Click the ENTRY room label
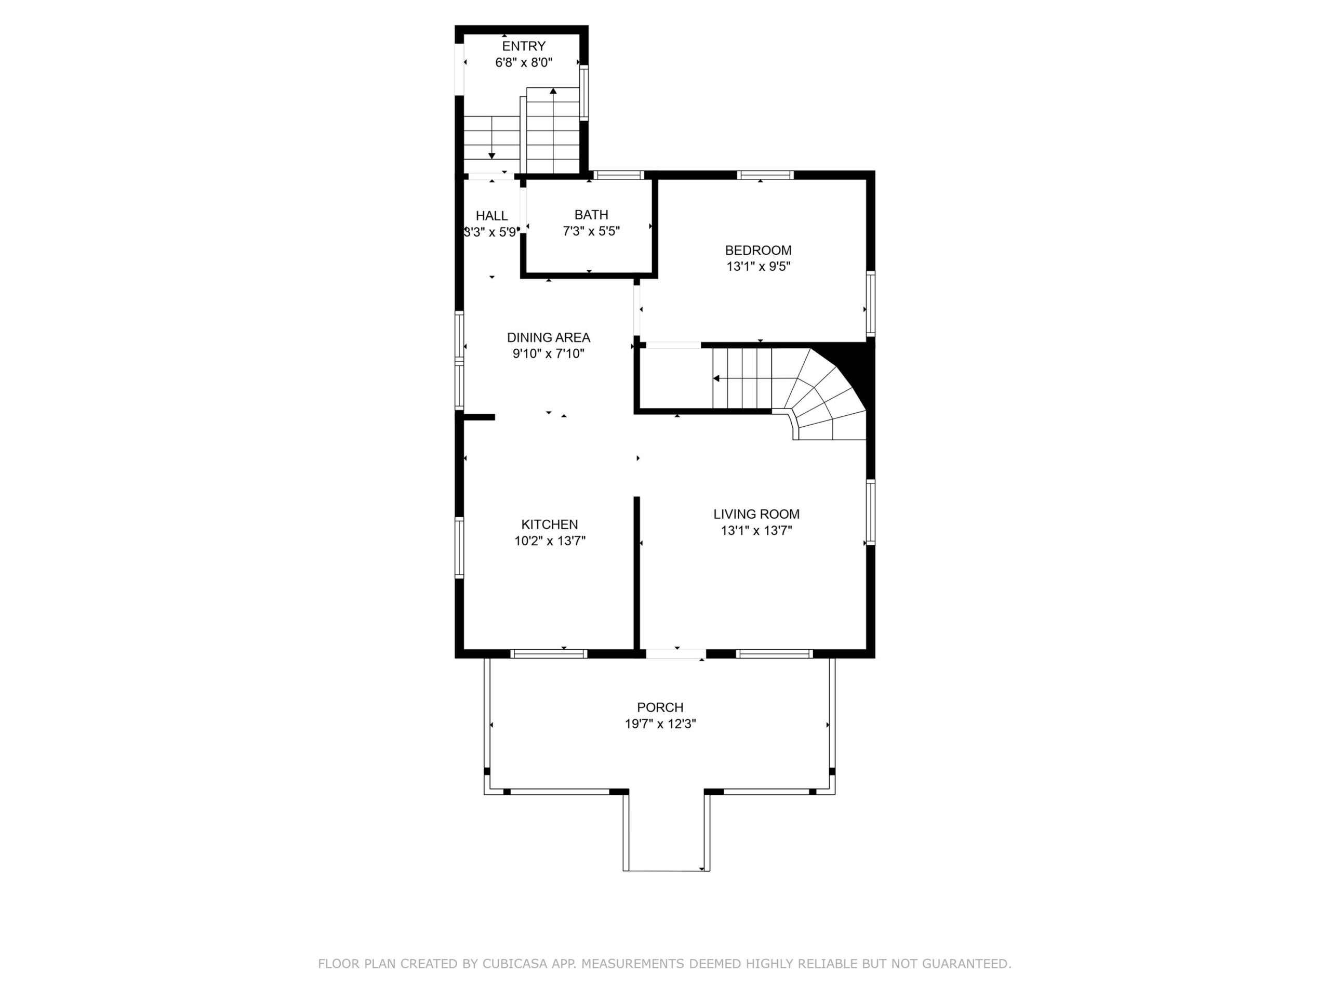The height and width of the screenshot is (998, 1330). point(524,46)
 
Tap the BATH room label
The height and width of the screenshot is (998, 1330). point(591,215)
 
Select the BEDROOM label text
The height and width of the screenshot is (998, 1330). point(758,250)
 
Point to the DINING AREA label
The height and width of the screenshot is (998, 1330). point(548,337)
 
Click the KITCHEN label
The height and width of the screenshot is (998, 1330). point(550,524)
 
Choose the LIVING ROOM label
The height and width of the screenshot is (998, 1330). point(756,515)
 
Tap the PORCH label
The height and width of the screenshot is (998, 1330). point(660,707)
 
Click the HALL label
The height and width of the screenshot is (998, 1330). point(492,216)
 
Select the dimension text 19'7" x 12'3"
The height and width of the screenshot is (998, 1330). point(660,724)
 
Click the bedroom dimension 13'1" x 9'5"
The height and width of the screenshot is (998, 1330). point(758,267)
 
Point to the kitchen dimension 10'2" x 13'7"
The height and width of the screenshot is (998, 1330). point(550,541)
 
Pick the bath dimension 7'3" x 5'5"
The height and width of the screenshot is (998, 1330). point(591,231)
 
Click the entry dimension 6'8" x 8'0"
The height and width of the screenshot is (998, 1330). point(524,62)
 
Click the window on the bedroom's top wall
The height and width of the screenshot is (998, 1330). point(765,175)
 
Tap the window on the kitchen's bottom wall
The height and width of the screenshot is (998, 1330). point(548,654)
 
